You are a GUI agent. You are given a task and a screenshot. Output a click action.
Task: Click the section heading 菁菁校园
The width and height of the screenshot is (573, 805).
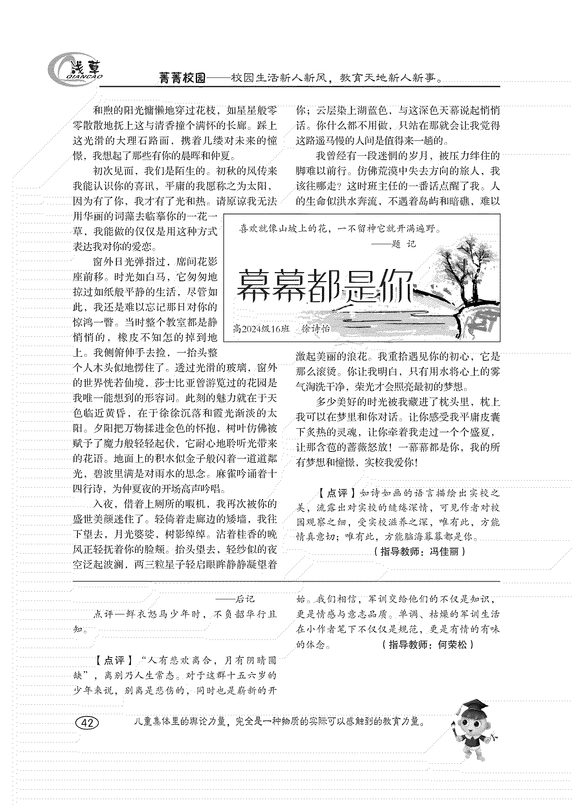(x=182, y=78)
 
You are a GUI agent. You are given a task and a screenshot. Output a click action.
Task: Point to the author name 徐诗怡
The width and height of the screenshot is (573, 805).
(x=315, y=329)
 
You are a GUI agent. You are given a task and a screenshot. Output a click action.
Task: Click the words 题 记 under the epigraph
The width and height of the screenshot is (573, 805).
(x=404, y=244)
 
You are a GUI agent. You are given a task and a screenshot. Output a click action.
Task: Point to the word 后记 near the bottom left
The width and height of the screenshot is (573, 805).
(x=245, y=599)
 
